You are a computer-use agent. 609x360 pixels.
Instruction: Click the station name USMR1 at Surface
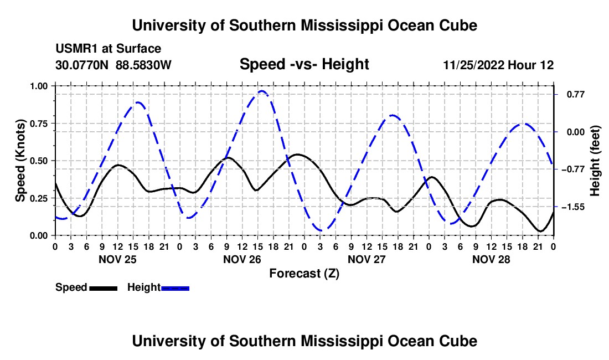pyautogui.click(x=108, y=49)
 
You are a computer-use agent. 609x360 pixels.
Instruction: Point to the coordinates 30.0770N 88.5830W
pyautogui.click(x=113, y=65)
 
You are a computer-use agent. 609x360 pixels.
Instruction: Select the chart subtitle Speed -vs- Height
pyautogui.click(x=304, y=64)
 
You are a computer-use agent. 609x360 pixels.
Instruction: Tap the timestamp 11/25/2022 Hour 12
pyautogui.click(x=498, y=65)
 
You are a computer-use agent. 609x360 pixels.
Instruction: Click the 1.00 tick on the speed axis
pyautogui.click(x=38, y=86)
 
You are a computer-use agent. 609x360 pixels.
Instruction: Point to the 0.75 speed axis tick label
pyautogui.click(x=38, y=124)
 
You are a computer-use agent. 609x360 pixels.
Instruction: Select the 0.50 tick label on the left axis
pyautogui.click(x=38, y=161)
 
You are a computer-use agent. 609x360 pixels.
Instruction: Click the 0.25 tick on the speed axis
pyautogui.click(x=38, y=198)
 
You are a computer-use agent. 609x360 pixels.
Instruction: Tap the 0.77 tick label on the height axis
pyautogui.click(x=576, y=94)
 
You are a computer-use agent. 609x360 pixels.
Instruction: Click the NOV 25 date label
pyautogui.click(x=118, y=259)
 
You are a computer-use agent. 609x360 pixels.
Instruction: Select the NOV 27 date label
pyautogui.click(x=367, y=259)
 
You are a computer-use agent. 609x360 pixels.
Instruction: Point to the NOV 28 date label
pyautogui.click(x=491, y=259)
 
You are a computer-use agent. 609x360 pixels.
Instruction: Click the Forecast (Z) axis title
pyautogui.click(x=304, y=274)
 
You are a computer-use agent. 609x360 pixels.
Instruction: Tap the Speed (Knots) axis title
pyautogui.click(x=20, y=161)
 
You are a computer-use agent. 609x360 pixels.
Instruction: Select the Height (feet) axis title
pyautogui.click(x=595, y=161)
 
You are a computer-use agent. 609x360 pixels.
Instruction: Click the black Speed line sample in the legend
pyautogui.click(x=104, y=288)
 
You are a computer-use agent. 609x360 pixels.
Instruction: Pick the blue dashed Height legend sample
pyautogui.click(x=175, y=288)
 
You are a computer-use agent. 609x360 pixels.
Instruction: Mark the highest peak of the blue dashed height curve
pyautogui.click(x=262, y=91)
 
